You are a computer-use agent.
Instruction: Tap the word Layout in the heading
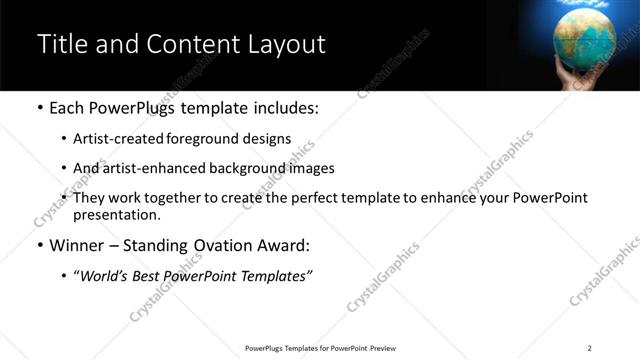[x=285, y=45]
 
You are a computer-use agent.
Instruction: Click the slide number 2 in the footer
[x=589, y=347]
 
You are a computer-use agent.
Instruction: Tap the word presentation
[x=117, y=214]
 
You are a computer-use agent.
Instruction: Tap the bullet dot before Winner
[x=39, y=245]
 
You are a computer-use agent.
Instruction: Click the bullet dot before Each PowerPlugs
[x=39, y=107]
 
